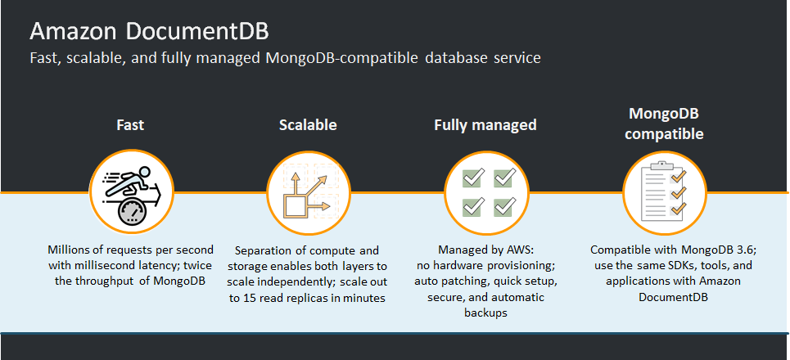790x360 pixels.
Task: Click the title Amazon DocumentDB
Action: tap(149, 32)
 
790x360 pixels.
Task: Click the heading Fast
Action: tap(130, 125)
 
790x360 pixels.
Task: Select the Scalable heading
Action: tap(308, 125)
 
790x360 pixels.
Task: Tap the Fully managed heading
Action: tap(485, 125)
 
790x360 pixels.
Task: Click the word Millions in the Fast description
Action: tap(70, 249)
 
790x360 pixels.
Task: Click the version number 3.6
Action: tap(720, 249)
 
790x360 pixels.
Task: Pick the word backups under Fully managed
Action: tap(486, 313)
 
